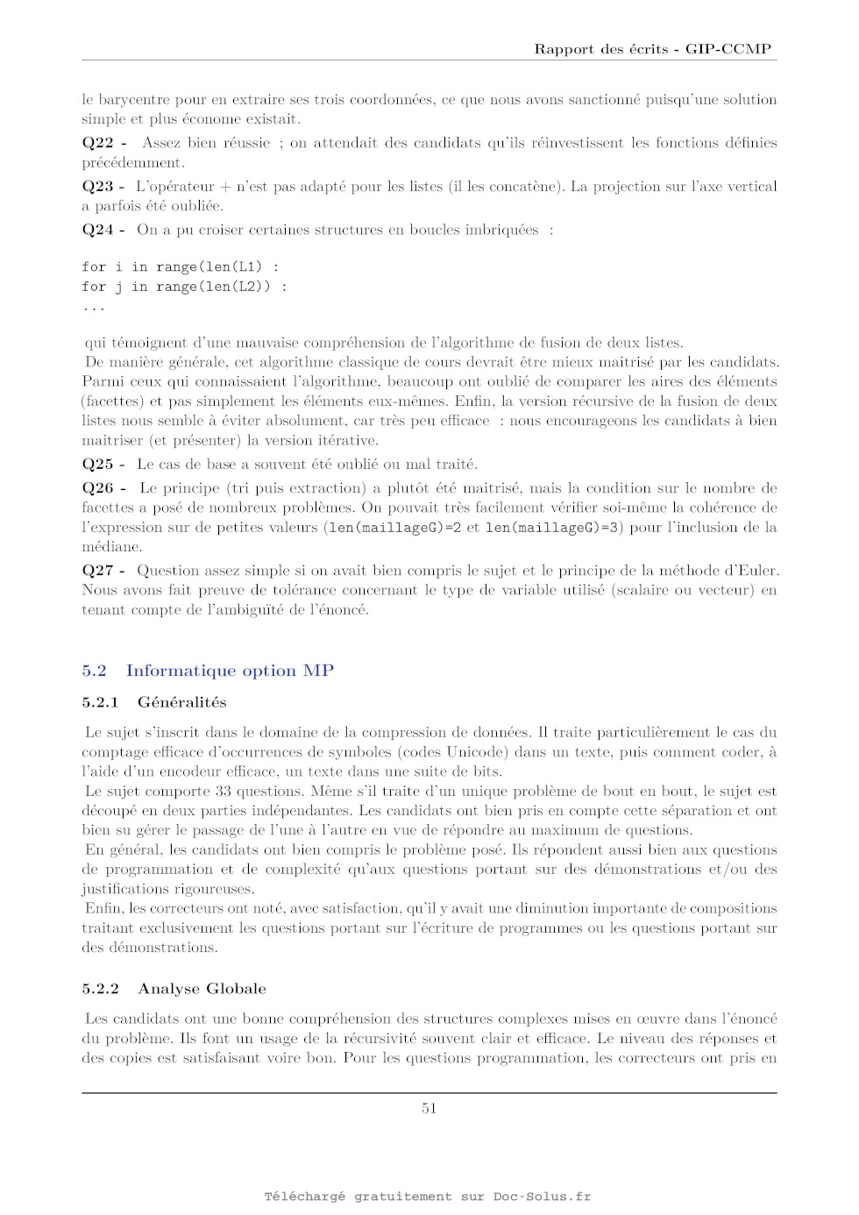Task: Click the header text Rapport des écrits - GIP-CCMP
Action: coord(652,49)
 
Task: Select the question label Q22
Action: coord(98,143)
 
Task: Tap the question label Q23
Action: coord(98,187)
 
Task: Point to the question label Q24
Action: coord(98,230)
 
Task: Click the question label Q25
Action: coord(98,465)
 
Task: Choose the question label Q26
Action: coord(98,488)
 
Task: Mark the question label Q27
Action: coord(98,571)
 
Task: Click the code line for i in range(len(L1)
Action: coord(181,266)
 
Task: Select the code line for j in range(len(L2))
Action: coord(184,287)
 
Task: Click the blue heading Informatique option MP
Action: coord(230,671)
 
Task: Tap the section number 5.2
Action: coord(94,671)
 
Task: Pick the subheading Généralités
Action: coord(181,702)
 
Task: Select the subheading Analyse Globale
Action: coord(202,989)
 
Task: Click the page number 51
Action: coord(429,1108)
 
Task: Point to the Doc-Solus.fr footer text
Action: coord(542,1197)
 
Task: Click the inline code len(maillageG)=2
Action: coord(394,528)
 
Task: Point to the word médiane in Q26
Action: coord(111,547)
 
